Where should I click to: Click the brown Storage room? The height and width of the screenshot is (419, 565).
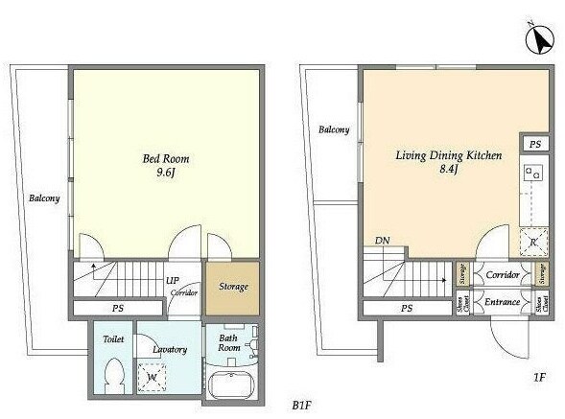click(x=233, y=287)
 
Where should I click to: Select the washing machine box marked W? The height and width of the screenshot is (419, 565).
click(x=152, y=380)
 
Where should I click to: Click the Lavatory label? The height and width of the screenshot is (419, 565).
click(x=169, y=349)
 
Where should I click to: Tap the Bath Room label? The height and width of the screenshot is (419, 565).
click(x=228, y=342)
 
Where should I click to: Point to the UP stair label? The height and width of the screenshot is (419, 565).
click(x=173, y=280)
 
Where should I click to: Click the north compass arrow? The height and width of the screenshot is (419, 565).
click(x=539, y=41)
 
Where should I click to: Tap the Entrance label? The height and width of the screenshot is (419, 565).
click(x=502, y=303)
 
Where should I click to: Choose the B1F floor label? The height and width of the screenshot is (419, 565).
click(x=302, y=405)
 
